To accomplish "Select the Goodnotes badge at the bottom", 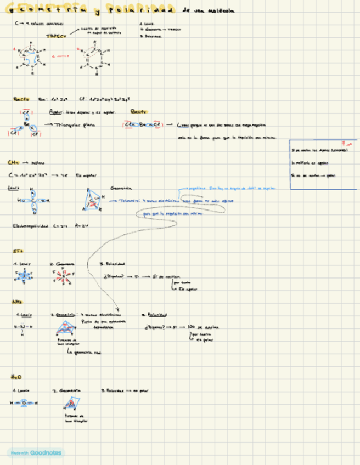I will (x=35, y=453).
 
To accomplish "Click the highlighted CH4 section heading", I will (x=14, y=163).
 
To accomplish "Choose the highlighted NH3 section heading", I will (x=16, y=302).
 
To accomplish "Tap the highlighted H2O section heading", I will (x=16, y=377).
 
